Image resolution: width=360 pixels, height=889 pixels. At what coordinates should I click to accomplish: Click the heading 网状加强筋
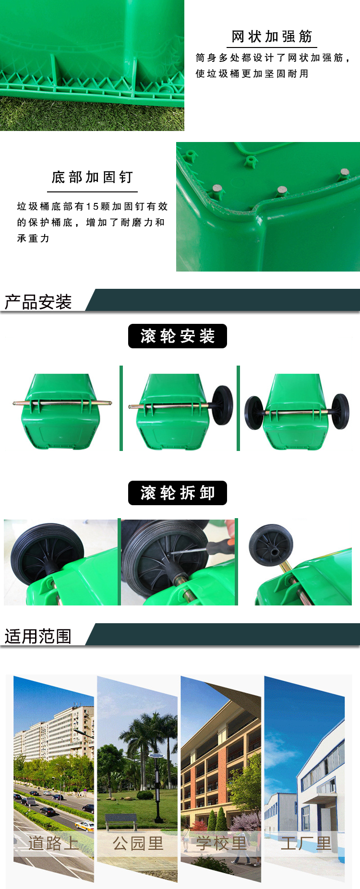272,36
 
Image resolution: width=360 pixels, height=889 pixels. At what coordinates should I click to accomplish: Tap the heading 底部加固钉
92,178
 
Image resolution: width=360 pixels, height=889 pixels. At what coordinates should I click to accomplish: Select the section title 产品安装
38,302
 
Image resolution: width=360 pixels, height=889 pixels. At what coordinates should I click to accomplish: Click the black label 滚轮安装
178,336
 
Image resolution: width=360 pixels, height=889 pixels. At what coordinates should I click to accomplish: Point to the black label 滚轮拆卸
178,493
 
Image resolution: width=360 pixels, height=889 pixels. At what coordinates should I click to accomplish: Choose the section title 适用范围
38,636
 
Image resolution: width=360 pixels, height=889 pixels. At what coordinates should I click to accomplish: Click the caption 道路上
53,843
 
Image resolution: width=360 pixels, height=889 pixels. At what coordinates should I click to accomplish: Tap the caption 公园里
138,843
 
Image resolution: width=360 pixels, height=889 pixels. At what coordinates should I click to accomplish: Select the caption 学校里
221,843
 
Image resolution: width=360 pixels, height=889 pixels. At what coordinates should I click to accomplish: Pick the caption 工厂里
306,843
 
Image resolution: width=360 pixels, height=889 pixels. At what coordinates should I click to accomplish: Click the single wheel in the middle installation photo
222,405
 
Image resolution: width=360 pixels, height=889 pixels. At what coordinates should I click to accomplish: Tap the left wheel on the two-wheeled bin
254,412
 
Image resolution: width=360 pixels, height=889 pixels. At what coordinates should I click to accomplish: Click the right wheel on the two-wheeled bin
340,411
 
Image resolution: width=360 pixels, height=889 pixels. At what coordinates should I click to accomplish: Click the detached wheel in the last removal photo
271,545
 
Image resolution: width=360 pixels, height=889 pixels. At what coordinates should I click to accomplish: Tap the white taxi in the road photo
85,826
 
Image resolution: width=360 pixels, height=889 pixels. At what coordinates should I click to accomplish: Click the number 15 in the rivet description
92,206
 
